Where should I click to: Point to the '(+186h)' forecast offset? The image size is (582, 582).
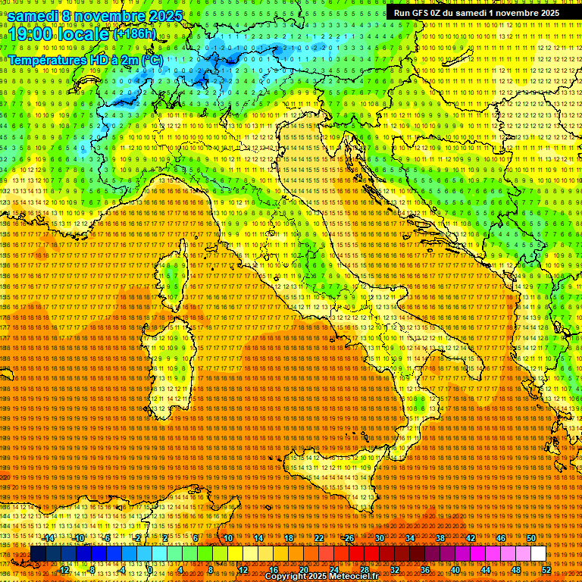135,34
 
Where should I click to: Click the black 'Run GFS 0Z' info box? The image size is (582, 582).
477,13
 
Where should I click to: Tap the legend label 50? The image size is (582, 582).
531,538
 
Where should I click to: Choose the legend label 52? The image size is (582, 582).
546,570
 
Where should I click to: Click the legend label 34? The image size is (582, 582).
410,538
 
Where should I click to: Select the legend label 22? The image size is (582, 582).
319,538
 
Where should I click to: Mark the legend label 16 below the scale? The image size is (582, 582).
274,570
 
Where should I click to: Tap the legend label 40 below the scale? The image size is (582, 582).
455,570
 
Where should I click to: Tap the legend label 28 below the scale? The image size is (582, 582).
365,570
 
